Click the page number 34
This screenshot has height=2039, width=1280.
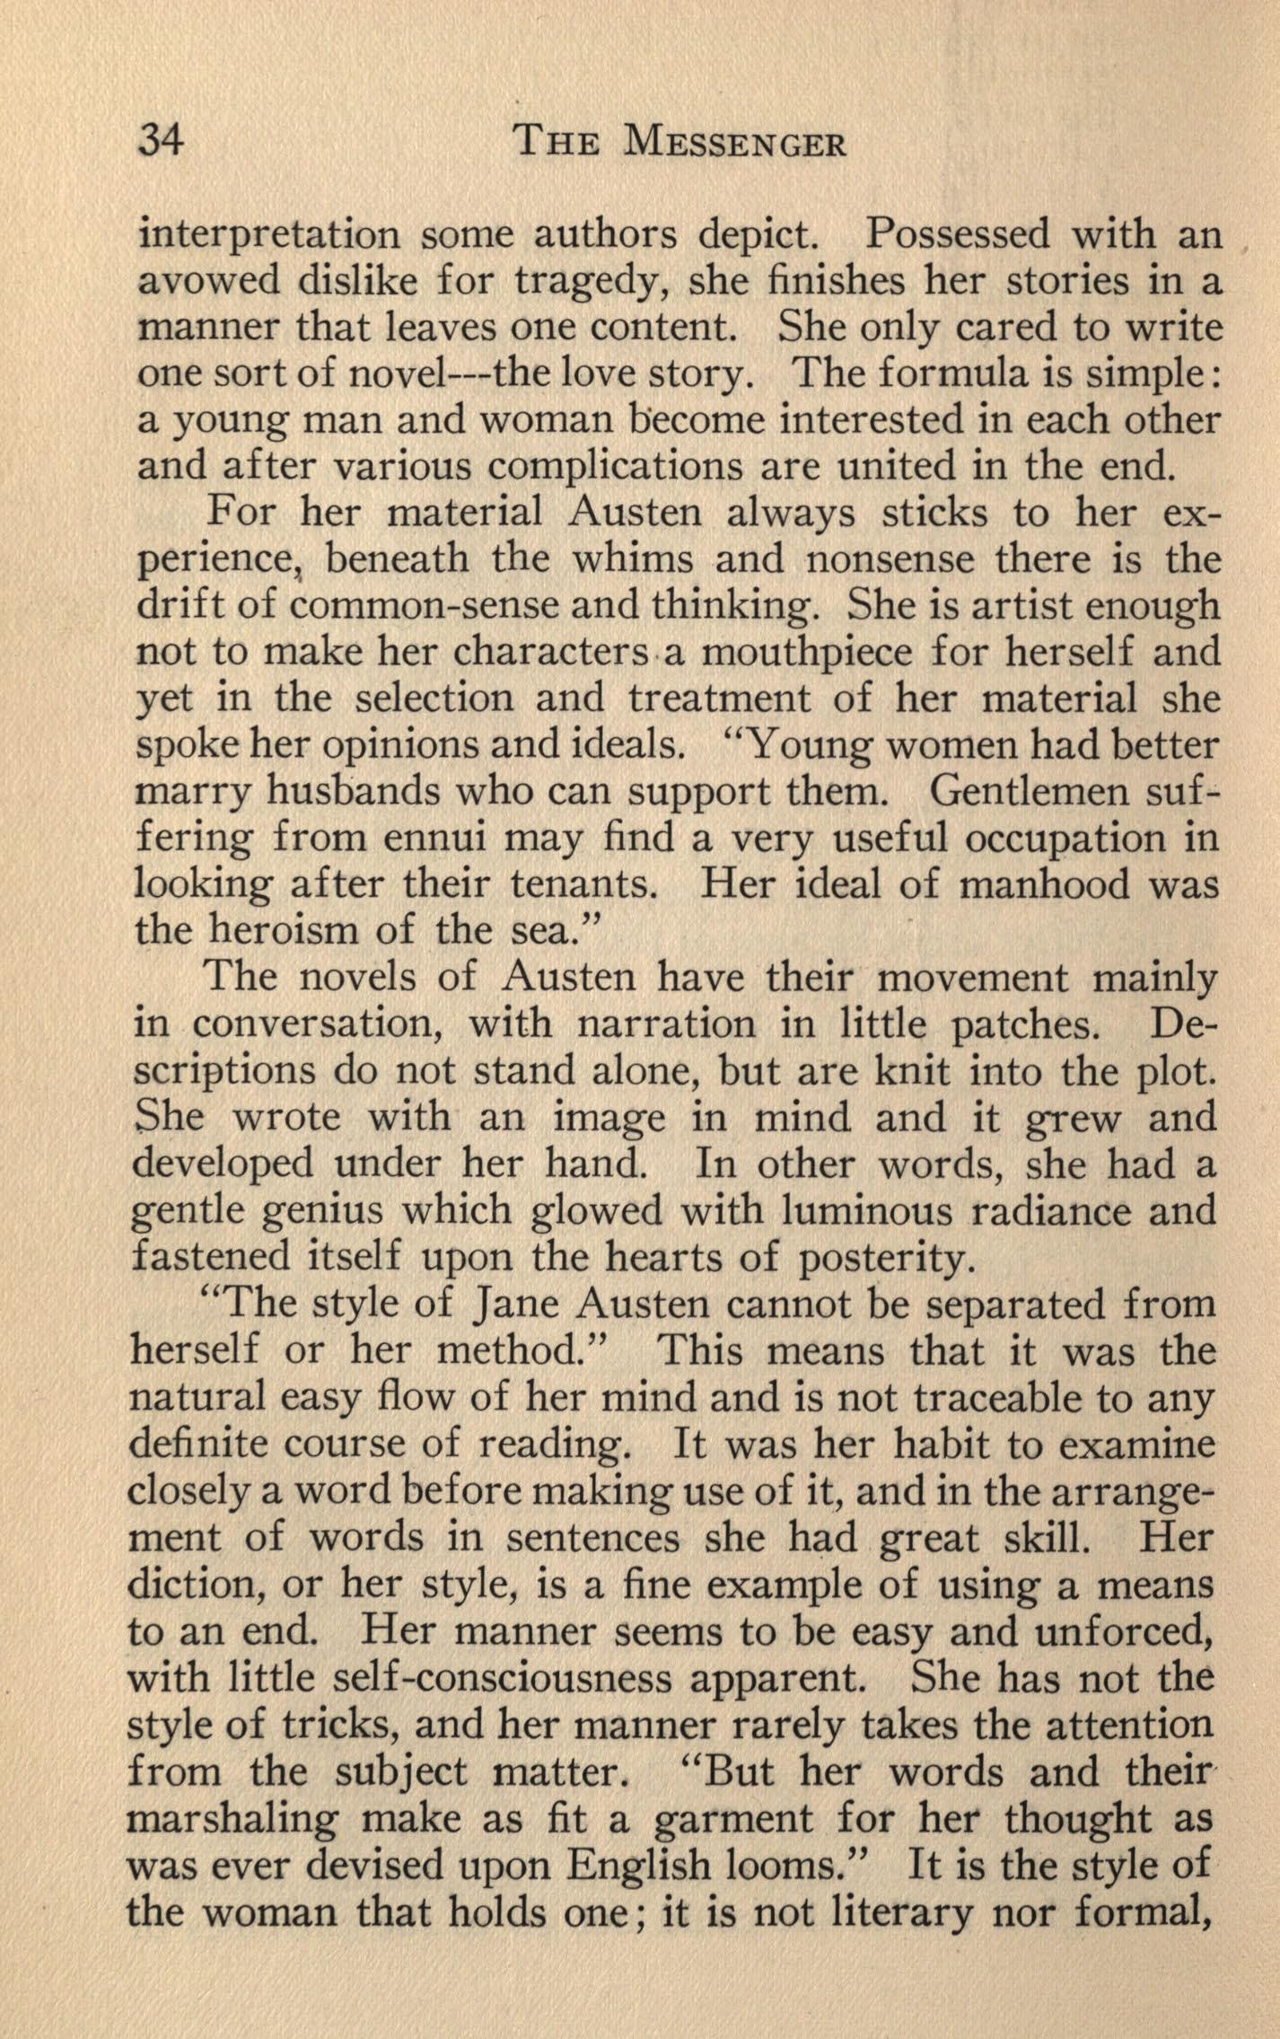coord(160,143)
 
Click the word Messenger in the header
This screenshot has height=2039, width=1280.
coord(735,144)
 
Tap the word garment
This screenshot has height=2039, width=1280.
coord(733,1819)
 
